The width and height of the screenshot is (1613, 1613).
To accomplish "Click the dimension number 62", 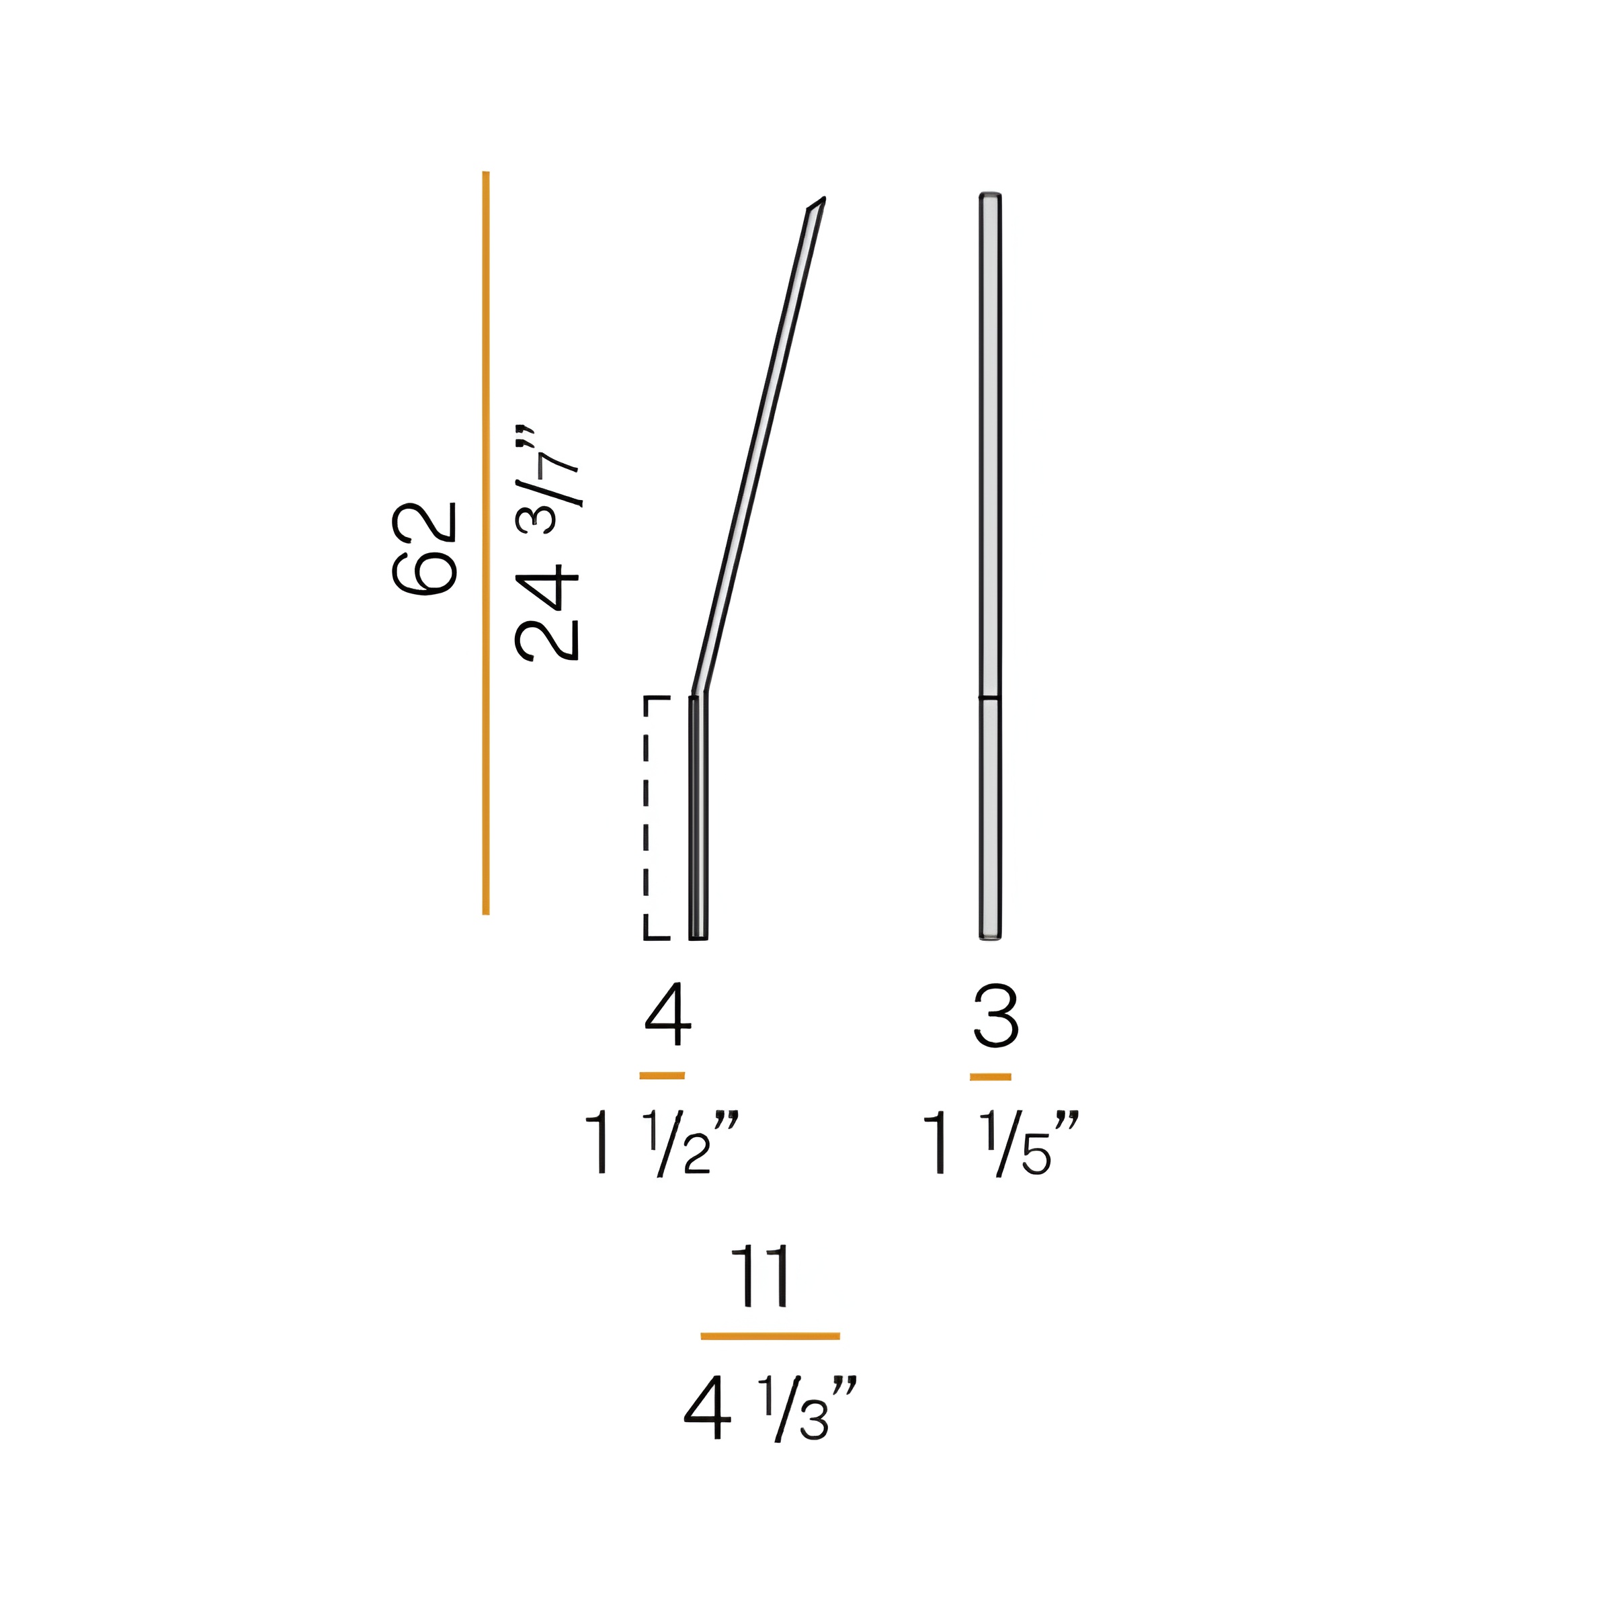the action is [x=425, y=548].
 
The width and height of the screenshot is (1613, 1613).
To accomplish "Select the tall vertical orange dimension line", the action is [x=486, y=542].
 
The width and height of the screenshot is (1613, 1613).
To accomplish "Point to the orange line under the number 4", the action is [x=662, y=1076].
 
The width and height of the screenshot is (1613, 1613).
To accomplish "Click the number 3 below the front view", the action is [x=996, y=1016].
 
